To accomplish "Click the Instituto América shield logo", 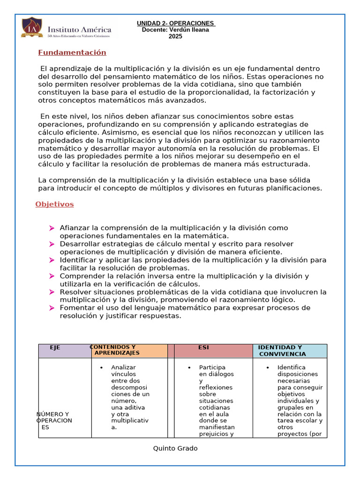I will (32, 27).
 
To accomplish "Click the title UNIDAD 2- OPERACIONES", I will (176, 23).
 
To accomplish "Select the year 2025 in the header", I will (175, 37).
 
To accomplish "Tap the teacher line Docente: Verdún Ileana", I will (175, 30).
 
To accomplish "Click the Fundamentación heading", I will (72, 52).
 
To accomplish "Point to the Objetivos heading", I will (54, 204).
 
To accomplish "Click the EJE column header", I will (55, 348).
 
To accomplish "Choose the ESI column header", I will (203, 348).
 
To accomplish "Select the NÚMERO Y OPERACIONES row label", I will (54, 420).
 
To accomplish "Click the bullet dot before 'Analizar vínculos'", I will (101, 368).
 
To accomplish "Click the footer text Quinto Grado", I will (175, 449).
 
